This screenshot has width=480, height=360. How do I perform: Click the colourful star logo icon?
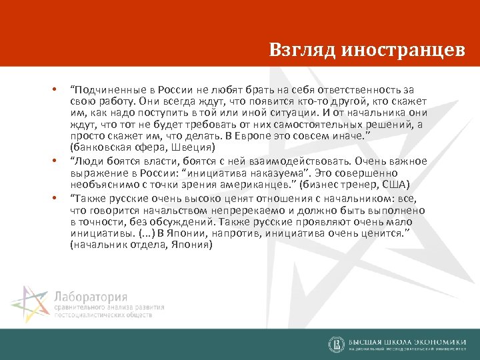[30, 304]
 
